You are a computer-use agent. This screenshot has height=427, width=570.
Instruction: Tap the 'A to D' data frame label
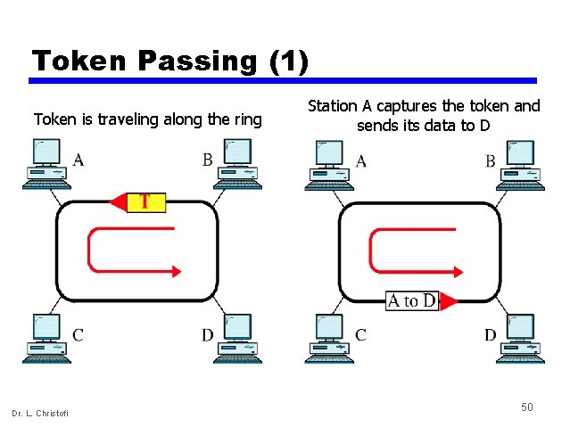coord(411,300)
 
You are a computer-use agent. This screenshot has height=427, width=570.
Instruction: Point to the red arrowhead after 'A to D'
coord(448,301)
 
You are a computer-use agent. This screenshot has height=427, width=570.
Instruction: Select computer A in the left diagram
coord(45,165)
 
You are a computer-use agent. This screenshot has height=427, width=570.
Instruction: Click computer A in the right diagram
coord(328,165)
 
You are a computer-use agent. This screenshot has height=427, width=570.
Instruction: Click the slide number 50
coord(527,406)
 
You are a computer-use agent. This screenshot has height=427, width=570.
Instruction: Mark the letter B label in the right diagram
coord(491,161)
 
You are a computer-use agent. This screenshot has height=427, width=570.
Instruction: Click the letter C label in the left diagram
coord(78,335)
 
